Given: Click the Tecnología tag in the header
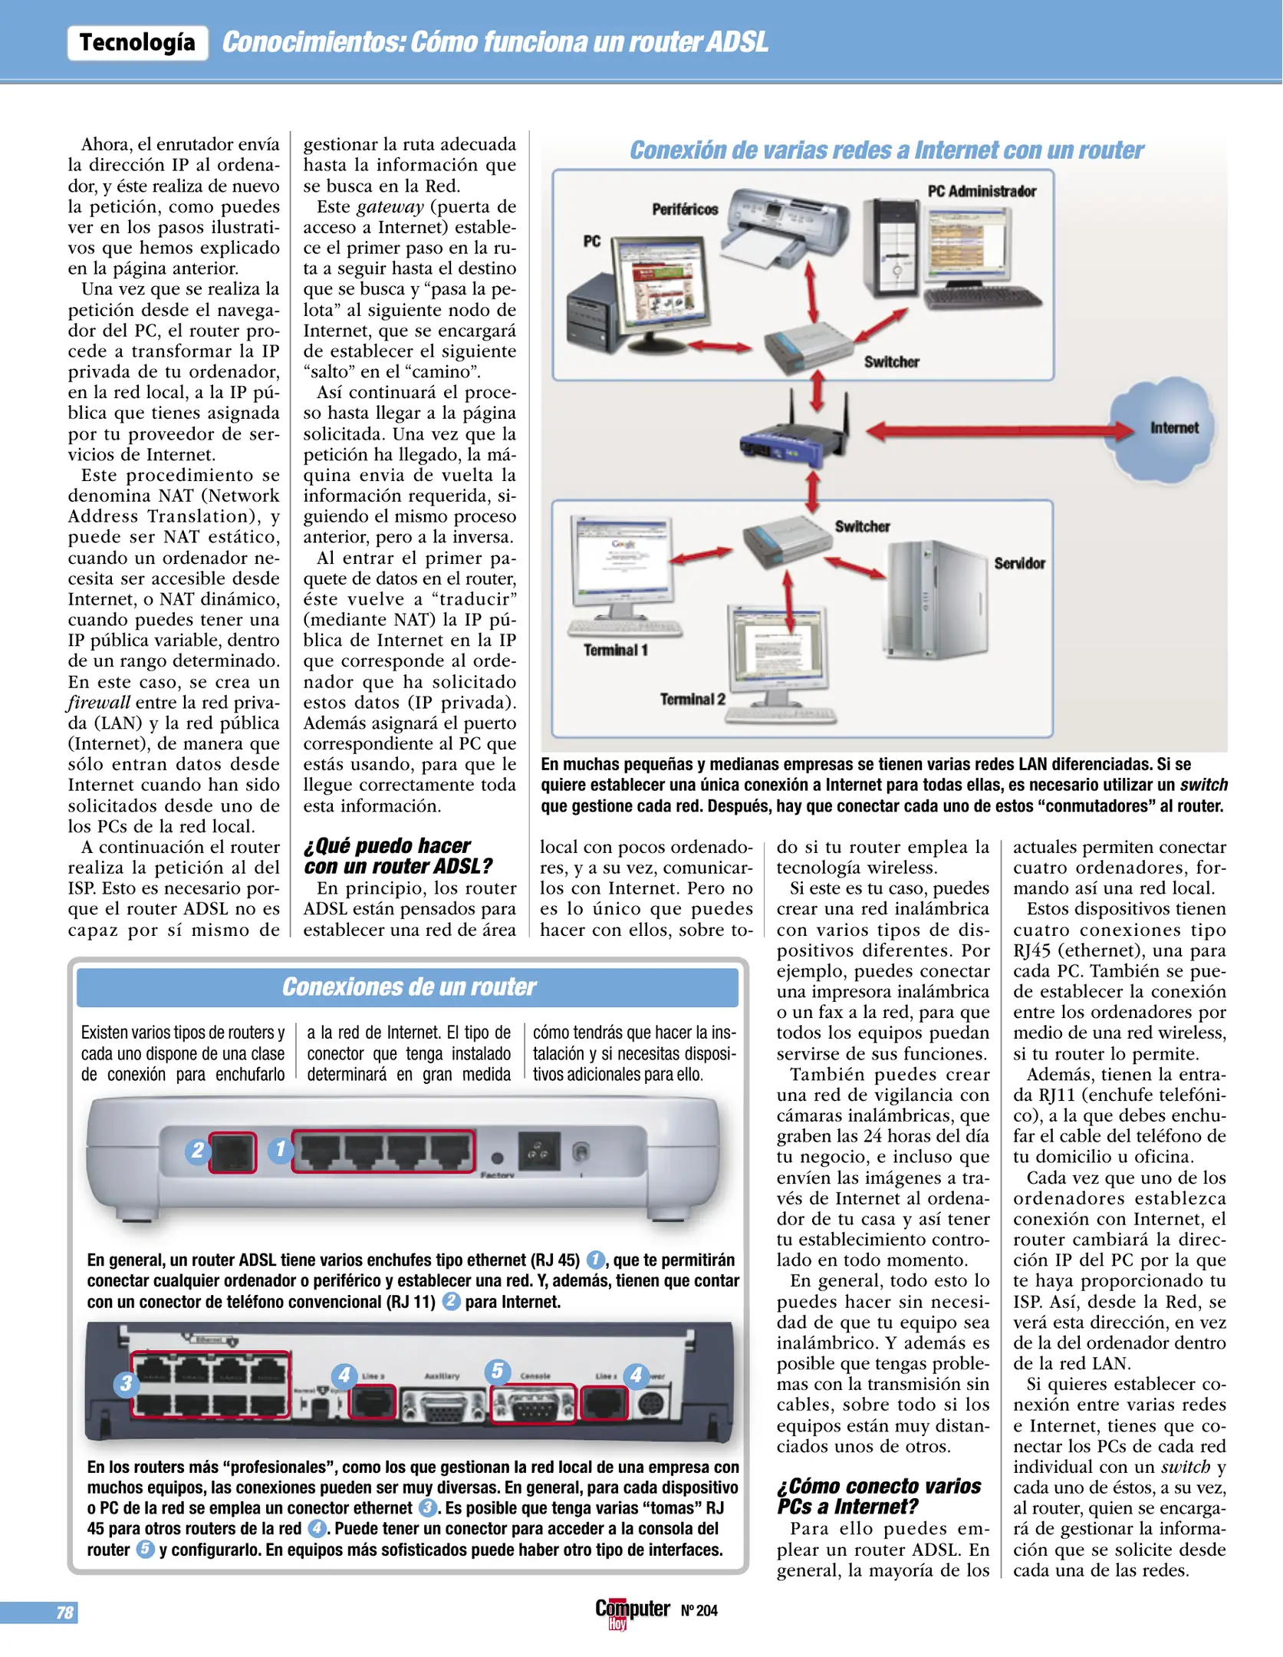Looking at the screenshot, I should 137,42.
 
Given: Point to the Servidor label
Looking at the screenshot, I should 1019,563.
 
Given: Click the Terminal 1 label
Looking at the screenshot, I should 615,651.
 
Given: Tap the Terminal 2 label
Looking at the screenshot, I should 692,699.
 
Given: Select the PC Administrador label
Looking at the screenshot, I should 981,191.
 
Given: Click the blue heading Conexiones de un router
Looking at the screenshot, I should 408,987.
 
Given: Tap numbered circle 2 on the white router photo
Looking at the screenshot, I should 198,1150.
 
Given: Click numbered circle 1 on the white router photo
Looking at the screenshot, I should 280,1148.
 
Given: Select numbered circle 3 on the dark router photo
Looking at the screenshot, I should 126,1383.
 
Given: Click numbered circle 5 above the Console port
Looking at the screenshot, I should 497,1371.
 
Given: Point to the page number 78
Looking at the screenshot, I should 64,1613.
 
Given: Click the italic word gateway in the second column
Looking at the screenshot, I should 390,207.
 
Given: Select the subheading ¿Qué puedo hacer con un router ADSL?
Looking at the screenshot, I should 397,856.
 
